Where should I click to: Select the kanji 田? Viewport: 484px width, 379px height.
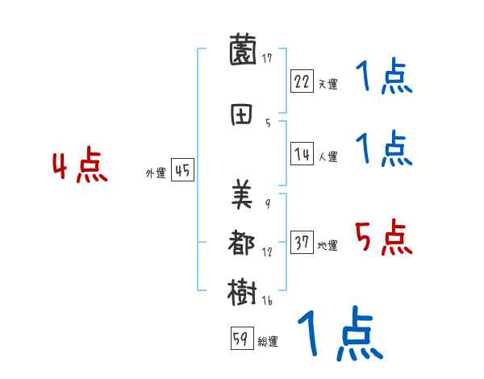pos(244,115)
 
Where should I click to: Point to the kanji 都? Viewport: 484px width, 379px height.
pos(244,244)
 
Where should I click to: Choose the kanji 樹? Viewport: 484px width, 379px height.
pos(244,292)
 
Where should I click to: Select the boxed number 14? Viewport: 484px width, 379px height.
pos(302,155)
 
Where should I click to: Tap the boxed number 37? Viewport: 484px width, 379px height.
pos(302,243)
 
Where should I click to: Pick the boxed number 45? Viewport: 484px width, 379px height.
pos(182,170)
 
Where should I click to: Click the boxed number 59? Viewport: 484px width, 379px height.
pos(240,339)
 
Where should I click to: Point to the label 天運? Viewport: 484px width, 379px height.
pos(328,84)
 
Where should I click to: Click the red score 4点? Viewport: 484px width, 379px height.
pos(80,168)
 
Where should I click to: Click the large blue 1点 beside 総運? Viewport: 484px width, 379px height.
pos(340,333)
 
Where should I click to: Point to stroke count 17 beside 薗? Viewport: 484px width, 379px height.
pos(267,58)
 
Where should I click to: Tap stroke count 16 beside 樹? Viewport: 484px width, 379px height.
pos(267,300)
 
